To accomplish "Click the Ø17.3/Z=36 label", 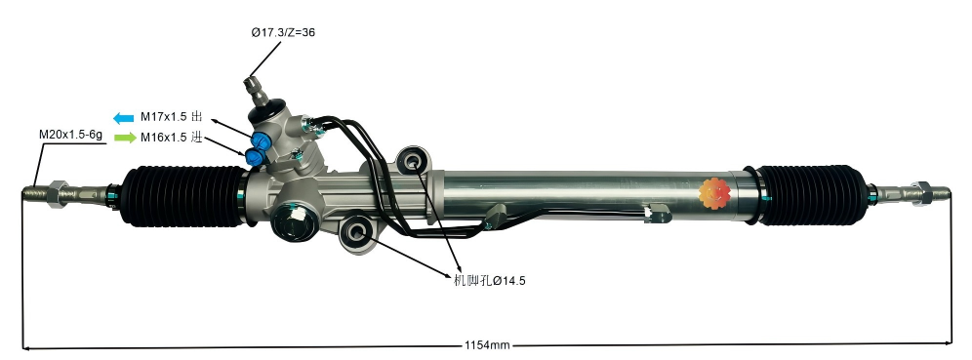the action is (x=283, y=32).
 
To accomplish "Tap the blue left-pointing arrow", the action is (x=124, y=118).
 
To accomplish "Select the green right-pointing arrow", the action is (x=124, y=139).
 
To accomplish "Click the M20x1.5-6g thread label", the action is (x=70, y=135).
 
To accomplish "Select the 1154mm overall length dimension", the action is (x=487, y=346).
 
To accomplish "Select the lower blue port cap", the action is (x=256, y=156).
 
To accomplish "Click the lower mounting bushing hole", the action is (x=356, y=232).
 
